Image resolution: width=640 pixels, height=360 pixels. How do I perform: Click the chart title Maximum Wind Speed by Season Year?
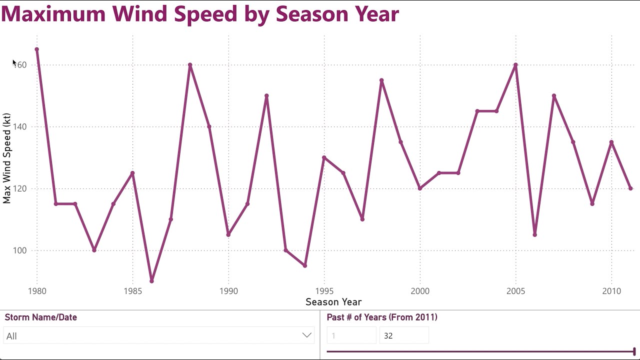199,14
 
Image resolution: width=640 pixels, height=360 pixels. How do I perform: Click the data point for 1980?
37,49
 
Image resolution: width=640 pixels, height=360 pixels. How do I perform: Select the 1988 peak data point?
190,65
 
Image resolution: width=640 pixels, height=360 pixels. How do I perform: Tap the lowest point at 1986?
152,281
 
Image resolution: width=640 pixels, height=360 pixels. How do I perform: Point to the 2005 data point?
515,65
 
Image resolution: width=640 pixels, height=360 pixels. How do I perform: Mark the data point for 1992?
266,96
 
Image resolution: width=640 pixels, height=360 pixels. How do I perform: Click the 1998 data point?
381,80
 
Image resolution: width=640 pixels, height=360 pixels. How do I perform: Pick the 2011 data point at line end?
630,188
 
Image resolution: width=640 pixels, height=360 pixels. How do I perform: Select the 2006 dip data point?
535,234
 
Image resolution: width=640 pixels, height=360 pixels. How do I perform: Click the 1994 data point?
305,265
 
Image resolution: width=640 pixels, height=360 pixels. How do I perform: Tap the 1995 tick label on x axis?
324,291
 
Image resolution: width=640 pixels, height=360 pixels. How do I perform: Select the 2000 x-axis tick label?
420,291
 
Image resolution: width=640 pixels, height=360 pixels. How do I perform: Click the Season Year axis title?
333,302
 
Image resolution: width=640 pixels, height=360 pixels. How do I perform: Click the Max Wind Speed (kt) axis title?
6,158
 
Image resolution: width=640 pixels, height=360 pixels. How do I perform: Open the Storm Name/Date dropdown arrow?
307,335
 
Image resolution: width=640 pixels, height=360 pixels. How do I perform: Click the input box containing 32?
403,336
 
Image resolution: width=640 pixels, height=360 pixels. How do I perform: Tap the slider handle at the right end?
634,351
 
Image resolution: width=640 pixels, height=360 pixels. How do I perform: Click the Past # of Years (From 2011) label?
382,317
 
